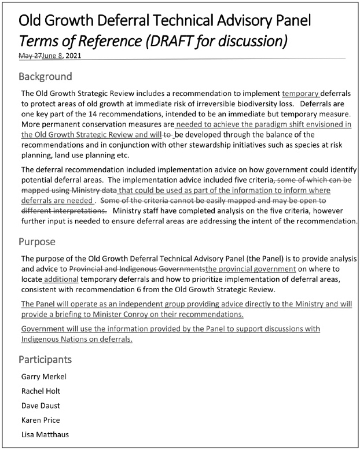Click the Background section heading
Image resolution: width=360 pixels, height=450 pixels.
pos(45,76)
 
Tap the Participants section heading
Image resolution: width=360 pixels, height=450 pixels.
pos(45,359)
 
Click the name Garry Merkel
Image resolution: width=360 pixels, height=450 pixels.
pos(44,377)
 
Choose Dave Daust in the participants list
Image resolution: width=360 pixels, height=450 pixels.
pos(41,405)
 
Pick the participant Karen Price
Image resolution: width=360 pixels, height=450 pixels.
pos(41,420)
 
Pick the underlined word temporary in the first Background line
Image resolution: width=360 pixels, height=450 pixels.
pos(301,93)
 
